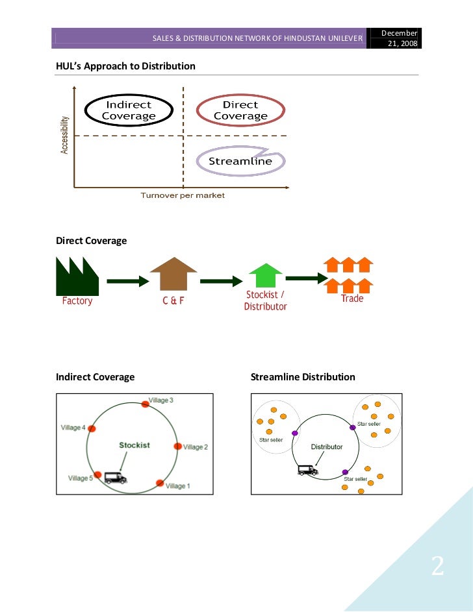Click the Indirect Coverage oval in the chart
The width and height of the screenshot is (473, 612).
129,110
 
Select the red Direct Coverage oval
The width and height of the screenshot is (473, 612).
240,110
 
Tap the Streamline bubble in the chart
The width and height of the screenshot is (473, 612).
240,161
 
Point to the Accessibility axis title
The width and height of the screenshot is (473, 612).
65,135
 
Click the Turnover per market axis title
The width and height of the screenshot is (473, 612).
183,195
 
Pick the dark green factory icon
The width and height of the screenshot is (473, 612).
77,276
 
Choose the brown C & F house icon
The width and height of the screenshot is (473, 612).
173,274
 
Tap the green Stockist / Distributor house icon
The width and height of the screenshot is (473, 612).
265,275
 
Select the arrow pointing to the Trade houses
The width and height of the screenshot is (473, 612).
305,278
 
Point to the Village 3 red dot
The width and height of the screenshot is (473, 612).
146,404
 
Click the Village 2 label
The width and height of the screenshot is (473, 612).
196,447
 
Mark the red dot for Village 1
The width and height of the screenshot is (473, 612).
160,483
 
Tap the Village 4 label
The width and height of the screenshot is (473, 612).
73,428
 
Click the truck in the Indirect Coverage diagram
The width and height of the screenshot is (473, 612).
116,478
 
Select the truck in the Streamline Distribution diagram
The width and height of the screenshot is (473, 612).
307,470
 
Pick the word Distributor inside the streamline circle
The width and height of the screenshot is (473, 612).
326,447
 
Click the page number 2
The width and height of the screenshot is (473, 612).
437,567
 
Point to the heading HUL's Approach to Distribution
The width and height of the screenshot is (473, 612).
125,66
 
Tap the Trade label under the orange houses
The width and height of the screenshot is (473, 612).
352,299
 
